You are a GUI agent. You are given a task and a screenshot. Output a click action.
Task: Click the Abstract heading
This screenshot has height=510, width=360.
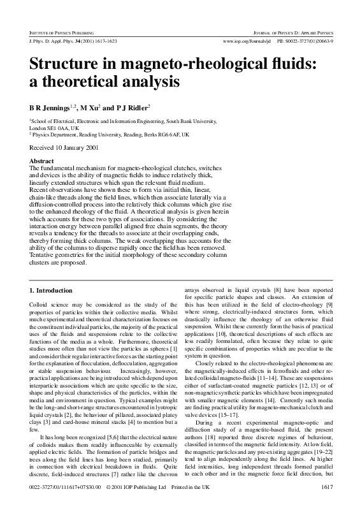pyautogui.click(x=41, y=162)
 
